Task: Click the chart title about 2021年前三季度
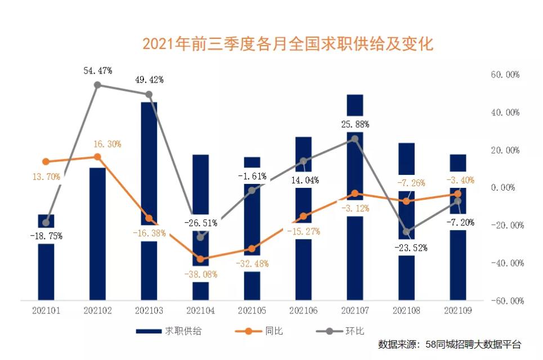pos(288,44)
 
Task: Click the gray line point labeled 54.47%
pos(97,85)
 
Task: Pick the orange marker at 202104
pos(200,259)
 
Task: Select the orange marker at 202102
pos(97,157)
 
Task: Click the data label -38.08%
pos(200,274)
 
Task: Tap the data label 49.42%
pos(149,80)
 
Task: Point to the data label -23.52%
pos(410,247)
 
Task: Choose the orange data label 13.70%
pos(46,177)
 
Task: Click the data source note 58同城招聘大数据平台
pos(450,344)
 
